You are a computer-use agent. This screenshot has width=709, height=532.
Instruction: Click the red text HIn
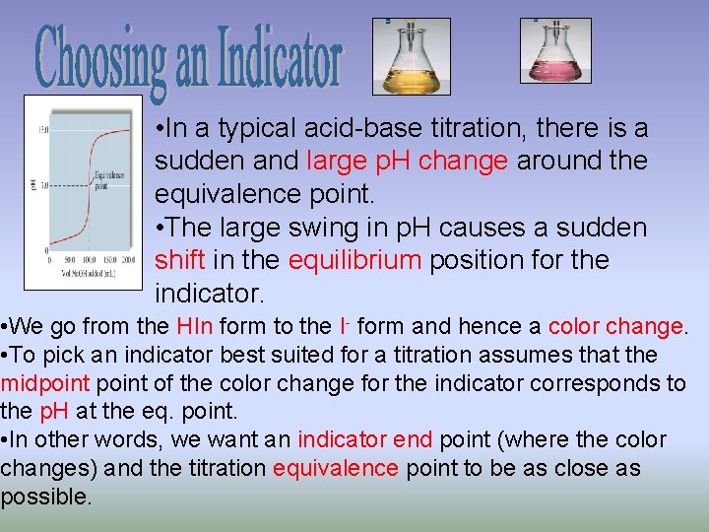(x=189, y=326)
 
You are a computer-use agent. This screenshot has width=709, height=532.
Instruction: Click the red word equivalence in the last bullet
(x=336, y=468)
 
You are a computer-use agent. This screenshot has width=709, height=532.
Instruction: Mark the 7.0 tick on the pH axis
(x=44, y=185)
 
